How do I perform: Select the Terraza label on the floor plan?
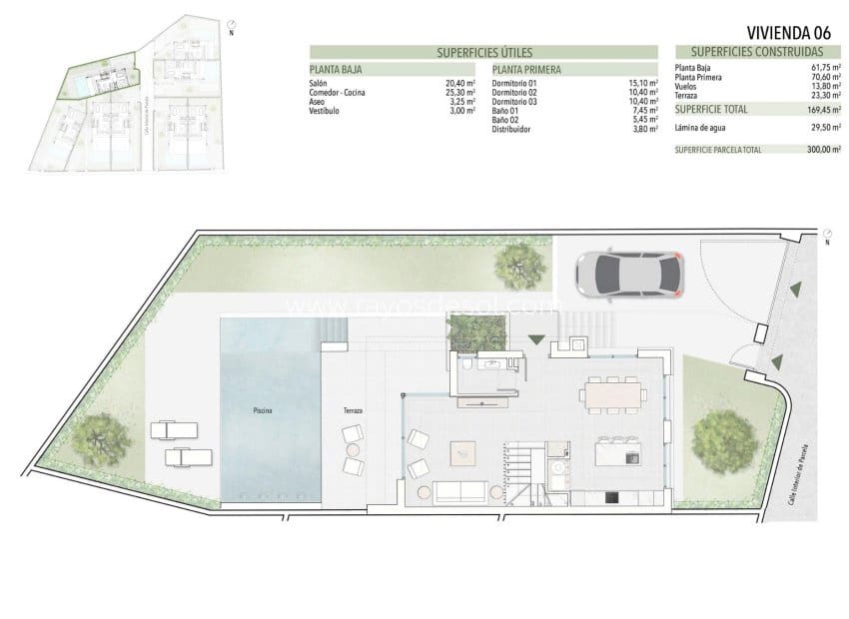352,410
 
